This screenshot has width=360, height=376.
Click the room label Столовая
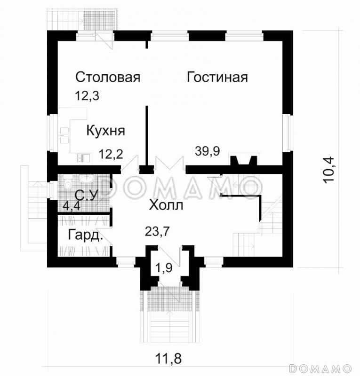pyautogui.click(x=108, y=77)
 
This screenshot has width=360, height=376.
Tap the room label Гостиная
pyautogui.click(x=217, y=77)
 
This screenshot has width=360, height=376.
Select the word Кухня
pyautogui.click(x=105, y=131)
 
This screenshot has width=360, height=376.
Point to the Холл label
pyautogui.click(x=165, y=205)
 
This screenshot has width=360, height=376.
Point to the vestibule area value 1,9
pyautogui.click(x=164, y=268)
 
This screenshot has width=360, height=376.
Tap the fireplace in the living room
pyautogui.click(x=243, y=161)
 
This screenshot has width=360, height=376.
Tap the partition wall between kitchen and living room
pyautogui.click(x=147, y=134)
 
